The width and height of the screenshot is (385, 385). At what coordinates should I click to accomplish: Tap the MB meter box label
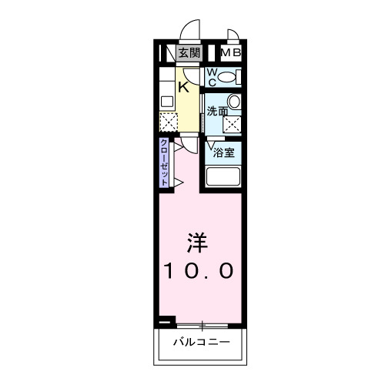click(x=231, y=53)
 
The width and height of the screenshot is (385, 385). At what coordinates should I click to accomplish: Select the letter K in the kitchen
click(x=183, y=87)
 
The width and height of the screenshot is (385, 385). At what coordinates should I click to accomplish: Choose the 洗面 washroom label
click(x=217, y=111)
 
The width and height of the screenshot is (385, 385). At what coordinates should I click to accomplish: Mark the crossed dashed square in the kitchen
click(x=169, y=121)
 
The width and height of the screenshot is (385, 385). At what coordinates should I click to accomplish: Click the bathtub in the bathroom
click(x=225, y=176)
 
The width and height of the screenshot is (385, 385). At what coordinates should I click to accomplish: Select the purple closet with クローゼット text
click(x=165, y=162)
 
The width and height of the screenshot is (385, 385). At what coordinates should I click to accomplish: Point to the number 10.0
click(x=197, y=271)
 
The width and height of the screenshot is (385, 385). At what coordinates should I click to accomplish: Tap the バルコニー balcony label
click(x=201, y=341)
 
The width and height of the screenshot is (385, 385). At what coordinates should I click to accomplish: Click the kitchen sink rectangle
click(x=166, y=101)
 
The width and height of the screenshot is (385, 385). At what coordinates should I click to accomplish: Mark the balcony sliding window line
click(x=202, y=323)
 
